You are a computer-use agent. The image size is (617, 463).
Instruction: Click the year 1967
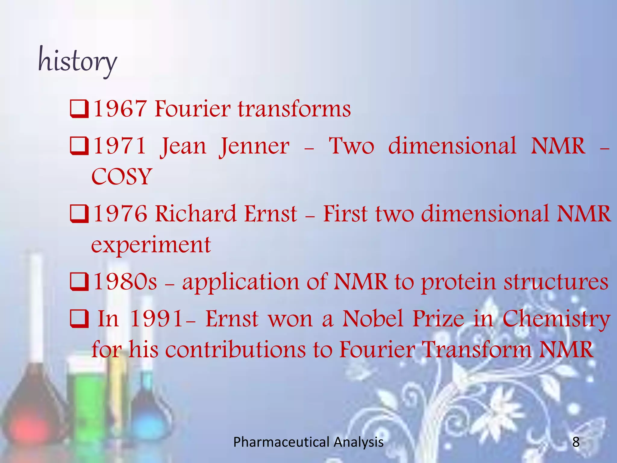coord(120,109)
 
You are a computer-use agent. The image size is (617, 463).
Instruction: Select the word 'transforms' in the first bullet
coord(294,109)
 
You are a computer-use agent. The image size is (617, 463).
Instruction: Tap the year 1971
coord(120,146)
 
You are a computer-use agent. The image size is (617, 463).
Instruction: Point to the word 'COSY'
coord(121,177)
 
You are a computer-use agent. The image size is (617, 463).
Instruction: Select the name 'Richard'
coord(196,214)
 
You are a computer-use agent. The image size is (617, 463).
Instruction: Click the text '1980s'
coord(125,282)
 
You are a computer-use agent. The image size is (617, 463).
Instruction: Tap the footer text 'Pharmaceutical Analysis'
coord(308,442)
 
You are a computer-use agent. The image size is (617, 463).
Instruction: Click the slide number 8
coord(576,442)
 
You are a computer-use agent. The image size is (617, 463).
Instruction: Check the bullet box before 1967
coord(79,109)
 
